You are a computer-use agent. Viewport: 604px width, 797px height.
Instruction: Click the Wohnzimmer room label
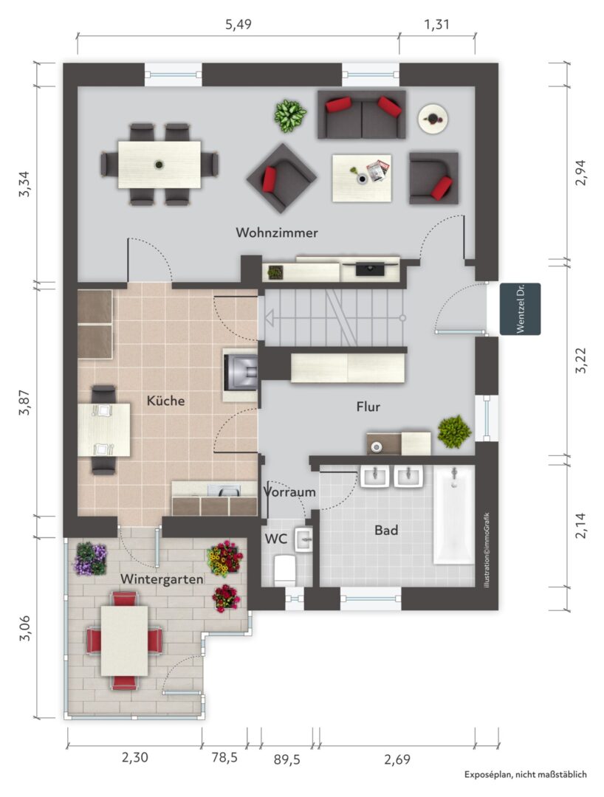click(277, 232)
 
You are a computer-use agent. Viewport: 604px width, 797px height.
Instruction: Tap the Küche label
click(165, 401)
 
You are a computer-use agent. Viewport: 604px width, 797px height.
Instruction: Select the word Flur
click(368, 407)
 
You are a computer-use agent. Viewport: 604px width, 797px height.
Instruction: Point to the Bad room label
click(386, 530)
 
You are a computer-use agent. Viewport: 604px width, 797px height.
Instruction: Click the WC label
click(276, 539)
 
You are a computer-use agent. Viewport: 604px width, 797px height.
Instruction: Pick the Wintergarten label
click(162, 579)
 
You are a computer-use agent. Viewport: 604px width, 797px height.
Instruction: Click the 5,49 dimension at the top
click(238, 24)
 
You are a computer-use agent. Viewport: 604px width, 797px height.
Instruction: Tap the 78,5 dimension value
click(224, 758)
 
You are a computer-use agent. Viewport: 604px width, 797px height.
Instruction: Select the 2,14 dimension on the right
click(580, 525)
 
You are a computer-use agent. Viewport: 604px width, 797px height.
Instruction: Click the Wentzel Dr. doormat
click(520, 309)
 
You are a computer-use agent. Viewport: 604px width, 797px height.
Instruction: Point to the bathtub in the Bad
click(453, 514)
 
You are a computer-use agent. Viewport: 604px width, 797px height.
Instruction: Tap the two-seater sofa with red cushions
click(362, 114)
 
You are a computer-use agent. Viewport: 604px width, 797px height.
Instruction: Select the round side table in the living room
click(433, 119)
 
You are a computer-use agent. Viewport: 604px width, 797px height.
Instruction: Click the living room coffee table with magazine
click(362, 178)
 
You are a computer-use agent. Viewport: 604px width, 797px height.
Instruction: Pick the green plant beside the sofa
click(290, 116)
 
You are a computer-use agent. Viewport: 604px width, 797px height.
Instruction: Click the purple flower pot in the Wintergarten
click(91, 559)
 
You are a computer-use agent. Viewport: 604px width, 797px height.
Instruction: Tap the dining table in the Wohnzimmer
click(159, 164)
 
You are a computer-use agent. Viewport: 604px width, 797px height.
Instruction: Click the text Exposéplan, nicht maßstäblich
click(525, 775)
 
